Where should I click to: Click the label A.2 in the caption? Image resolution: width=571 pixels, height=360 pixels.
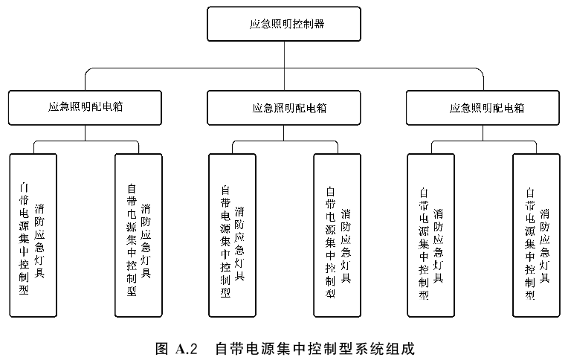[187, 349]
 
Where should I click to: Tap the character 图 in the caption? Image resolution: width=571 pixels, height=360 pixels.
[161, 349]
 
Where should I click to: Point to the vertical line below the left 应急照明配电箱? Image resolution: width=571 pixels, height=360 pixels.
[85, 133]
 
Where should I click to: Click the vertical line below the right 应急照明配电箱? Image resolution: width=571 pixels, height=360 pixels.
[483, 133]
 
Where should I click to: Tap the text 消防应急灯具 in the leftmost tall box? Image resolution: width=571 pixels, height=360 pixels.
[39, 241]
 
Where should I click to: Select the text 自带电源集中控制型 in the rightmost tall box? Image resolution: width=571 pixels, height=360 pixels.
[530, 243]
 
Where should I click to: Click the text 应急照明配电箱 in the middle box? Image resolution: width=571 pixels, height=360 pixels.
[289, 108]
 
